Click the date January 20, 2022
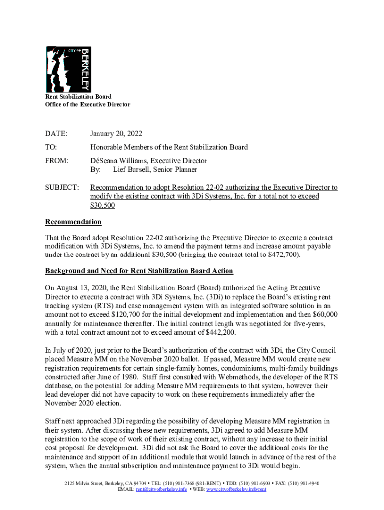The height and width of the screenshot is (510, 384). click(x=116, y=134)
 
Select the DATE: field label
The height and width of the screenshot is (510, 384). click(x=56, y=134)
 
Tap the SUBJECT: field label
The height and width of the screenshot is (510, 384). click(x=62, y=188)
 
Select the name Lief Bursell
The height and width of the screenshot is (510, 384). click(x=133, y=170)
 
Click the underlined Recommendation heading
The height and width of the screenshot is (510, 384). click(x=73, y=222)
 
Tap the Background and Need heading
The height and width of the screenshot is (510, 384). click(x=139, y=271)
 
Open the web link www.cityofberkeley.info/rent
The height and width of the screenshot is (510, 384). click(x=236, y=490)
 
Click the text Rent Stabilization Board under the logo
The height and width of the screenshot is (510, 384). click(x=78, y=97)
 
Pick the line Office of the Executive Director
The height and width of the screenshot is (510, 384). click(x=88, y=105)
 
